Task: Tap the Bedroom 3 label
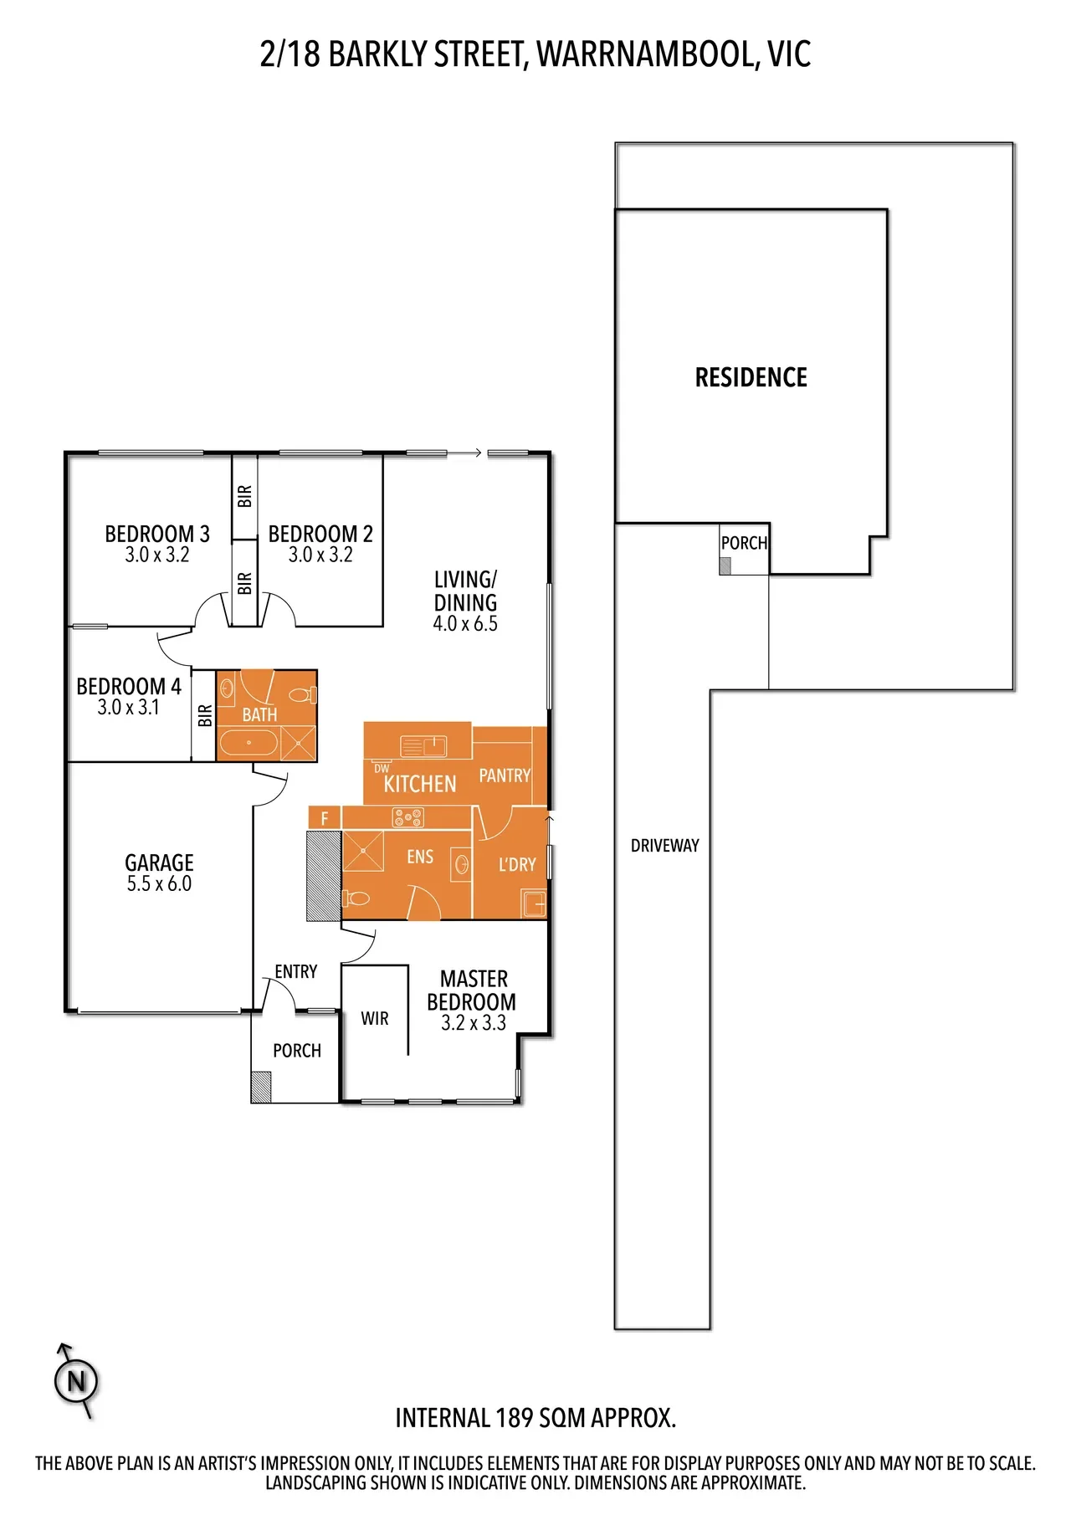tap(157, 534)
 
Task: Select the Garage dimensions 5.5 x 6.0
tap(159, 884)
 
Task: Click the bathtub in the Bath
tap(249, 743)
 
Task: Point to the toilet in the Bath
tap(302, 694)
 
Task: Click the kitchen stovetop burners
tap(408, 817)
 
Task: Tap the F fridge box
tap(325, 818)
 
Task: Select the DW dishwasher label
tap(382, 768)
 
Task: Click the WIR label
tap(375, 1018)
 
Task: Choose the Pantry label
tap(505, 775)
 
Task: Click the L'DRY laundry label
tap(517, 864)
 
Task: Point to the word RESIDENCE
tap(751, 377)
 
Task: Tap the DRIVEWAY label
tap(664, 846)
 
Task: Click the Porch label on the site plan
tap(744, 543)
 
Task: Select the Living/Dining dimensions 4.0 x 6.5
tap(465, 624)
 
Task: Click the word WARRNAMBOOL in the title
tap(647, 54)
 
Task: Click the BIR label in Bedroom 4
tap(205, 715)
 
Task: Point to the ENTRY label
tap(296, 971)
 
